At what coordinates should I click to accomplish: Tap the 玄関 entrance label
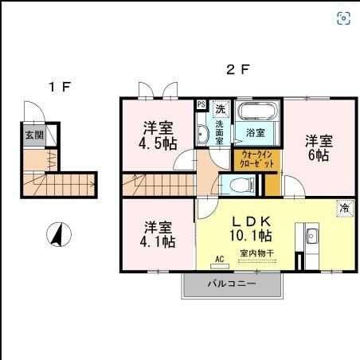tap(33, 135)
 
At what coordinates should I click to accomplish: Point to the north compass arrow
tap(57, 235)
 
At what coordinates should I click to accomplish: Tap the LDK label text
tap(252, 220)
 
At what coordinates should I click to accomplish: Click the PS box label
tap(201, 104)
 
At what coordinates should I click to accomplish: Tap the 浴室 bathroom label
tap(256, 133)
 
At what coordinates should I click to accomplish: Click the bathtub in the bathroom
tap(256, 113)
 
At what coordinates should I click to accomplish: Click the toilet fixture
tap(240, 186)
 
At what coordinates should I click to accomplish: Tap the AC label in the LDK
tap(221, 259)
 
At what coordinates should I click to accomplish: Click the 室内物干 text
tap(256, 254)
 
